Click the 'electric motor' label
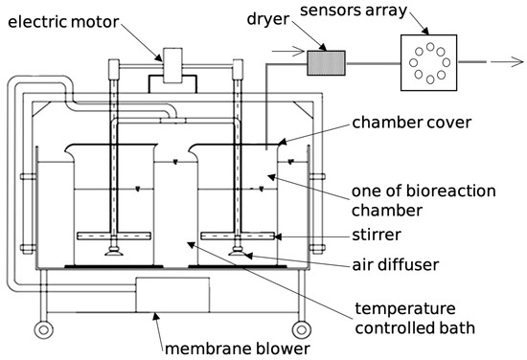(63, 22)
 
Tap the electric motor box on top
(172, 65)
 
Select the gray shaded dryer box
(326, 63)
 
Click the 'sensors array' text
(354, 11)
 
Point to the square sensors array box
(429, 63)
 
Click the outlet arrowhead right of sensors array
(516, 62)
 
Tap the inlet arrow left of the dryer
(288, 52)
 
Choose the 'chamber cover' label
(411, 123)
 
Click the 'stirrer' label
(377, 235)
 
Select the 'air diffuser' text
(395, 265)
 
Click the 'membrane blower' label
(238, 349)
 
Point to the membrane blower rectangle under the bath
(172, 295)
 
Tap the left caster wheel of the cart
(43, 329)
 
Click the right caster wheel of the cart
(301, 329)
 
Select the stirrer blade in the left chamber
(114, 236)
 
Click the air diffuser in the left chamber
(114, 251)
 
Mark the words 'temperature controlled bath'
(415, 318)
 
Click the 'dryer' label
(268, 19)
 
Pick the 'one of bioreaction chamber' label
(424, 201)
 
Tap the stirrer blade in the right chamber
(238, 236)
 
